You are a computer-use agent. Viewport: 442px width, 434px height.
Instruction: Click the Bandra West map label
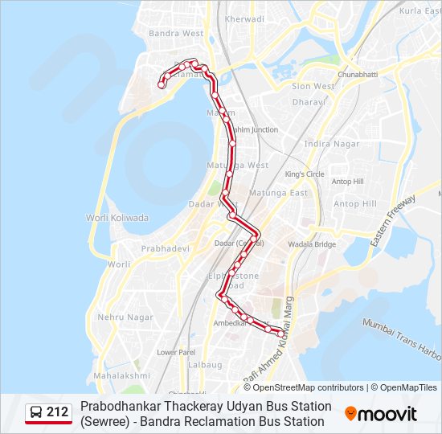(x=175, y=34)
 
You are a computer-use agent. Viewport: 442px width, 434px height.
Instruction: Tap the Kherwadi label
(x=245, y=18)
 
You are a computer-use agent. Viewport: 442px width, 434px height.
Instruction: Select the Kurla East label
(x=421, y=10)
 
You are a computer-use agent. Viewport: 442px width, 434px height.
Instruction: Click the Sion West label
(x=313, y=86)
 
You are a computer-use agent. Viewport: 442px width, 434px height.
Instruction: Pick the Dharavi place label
(x=308, y=102)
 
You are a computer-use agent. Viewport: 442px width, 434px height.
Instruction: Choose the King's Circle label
(x=305, y=174)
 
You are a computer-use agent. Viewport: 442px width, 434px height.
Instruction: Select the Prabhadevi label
(x=166, y=249)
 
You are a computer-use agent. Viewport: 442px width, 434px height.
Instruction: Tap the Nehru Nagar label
(x=125, y=317)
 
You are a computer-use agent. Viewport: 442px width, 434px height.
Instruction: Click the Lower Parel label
(x=177, y=352)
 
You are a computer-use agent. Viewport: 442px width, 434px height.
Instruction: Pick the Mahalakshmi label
(x=121, y=375)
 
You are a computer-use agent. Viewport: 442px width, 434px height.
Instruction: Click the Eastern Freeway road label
(x=393, y=220)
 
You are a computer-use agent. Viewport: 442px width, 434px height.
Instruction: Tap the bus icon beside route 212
(x=36, y=413)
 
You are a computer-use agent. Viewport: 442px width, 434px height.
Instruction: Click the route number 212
(x=58, y=413)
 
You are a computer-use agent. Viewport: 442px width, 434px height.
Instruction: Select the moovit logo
(x=381, y=414)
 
